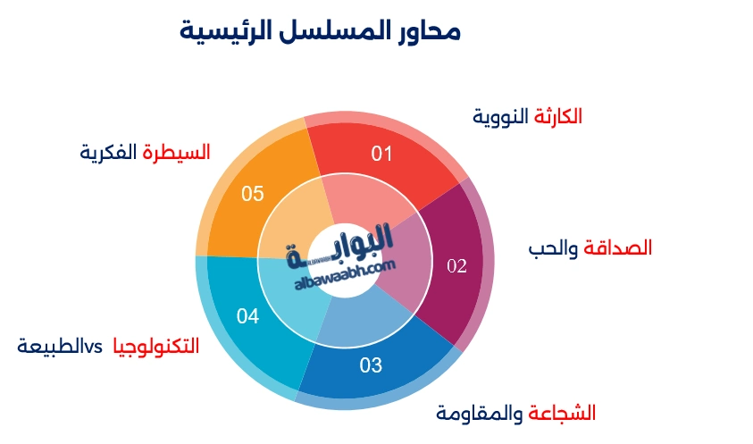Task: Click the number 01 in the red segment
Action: [382, 155]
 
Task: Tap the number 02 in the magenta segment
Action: [456, 266]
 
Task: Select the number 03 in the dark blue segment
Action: [371, 365]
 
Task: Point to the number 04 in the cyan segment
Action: [247, 316]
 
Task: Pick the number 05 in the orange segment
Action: [253, 194]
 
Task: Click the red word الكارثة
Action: [558, 116]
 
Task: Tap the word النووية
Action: [501, 116]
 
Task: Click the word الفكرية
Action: [109, 152]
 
